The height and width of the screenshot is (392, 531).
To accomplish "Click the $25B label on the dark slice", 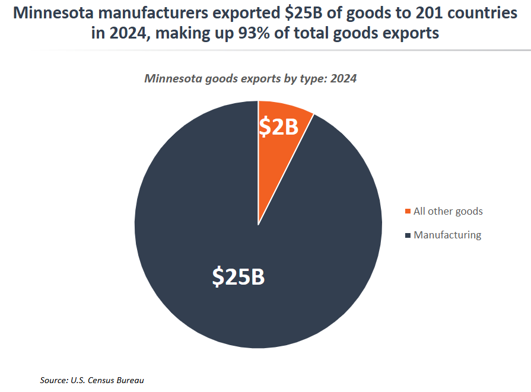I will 239,276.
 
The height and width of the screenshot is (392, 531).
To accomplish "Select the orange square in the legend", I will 408,212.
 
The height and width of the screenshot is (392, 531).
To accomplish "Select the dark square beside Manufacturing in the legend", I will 408,235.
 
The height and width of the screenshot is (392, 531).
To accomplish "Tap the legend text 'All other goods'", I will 448,211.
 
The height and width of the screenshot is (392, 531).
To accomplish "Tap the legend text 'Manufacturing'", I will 447,235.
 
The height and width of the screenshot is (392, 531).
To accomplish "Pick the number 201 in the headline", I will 424,14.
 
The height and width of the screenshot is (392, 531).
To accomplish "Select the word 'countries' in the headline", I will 481,14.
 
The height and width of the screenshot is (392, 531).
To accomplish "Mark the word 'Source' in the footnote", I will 53,380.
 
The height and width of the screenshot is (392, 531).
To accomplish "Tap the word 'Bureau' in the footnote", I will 131,380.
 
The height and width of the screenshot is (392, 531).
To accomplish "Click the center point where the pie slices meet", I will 258,225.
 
